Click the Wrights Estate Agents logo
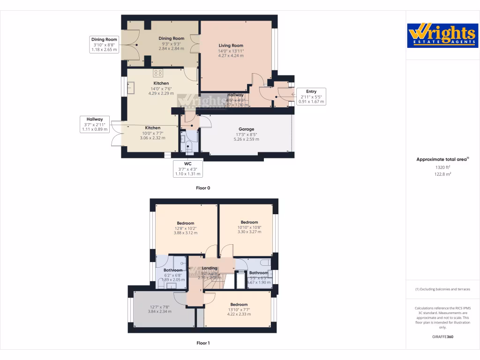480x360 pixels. click(x=442, y=36)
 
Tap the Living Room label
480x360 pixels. click(x=231, y=45)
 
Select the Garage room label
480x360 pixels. click(x=246, y=129)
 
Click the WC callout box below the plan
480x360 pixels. click(x=188, y=169)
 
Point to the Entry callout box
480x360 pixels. click(x=311, y=97)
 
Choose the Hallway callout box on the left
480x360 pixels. click(x=94, y=124)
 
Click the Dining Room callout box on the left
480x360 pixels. click(x=104, y=44)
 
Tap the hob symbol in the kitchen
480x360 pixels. click(x=158, y=73)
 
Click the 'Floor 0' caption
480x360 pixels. click(x=203, y=188)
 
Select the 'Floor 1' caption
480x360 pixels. click(x=203, y=343)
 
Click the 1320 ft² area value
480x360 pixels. click(x=442, y=167)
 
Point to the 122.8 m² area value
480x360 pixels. click(x=442, y=174)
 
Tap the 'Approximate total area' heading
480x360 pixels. click(x=442, y=159)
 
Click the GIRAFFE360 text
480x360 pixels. click(x=442, y=337)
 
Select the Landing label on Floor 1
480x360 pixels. click(x=210, y=268)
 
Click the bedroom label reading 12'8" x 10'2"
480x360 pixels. click(x=185, y=228)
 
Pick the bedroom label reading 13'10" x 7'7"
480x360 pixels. click(x=239, y=309)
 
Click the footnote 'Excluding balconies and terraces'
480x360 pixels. click(x=442, y=289)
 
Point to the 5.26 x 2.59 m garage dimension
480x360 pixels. click(x=246, y=139)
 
